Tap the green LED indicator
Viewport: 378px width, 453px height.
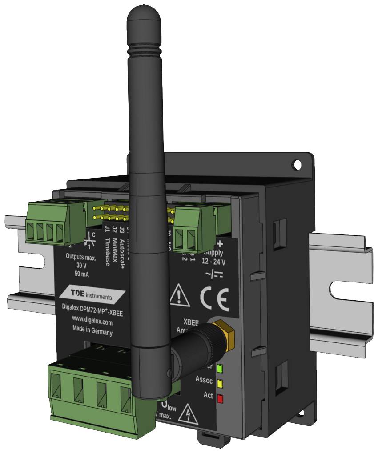pyautogui.click(x=220, y=368)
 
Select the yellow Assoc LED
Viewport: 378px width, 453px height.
pyautogui.click(x=220, y=382)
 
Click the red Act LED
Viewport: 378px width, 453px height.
pyautogui.click(x=220, y=397)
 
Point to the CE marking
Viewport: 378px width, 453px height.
pyautogui.click(x=214, y=300)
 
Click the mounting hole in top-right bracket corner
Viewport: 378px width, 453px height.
pyautogui.click(x=297, y=164)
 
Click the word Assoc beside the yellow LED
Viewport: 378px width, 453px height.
pyautogui.click(x=204, y=380)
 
